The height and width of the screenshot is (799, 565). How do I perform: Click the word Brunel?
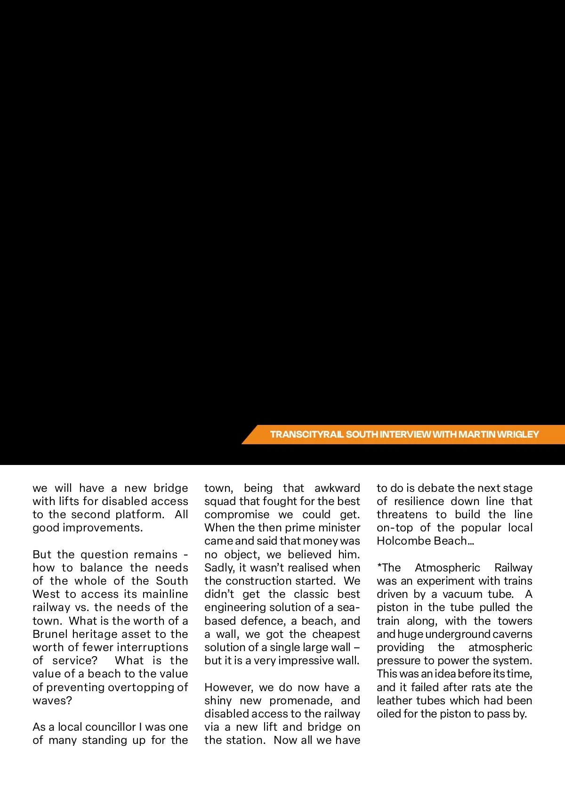(x=50, y=634)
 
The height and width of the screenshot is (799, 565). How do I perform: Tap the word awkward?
(x=337, y=488)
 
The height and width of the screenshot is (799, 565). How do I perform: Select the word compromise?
(x=237, y=514)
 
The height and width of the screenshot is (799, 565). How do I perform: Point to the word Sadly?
(x=218, y=568)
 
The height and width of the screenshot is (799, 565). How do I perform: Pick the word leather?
(x=395, y=701)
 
